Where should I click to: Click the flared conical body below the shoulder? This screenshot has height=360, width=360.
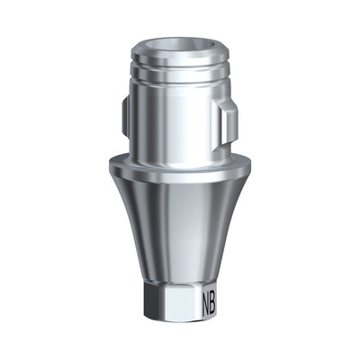(180, 225)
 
